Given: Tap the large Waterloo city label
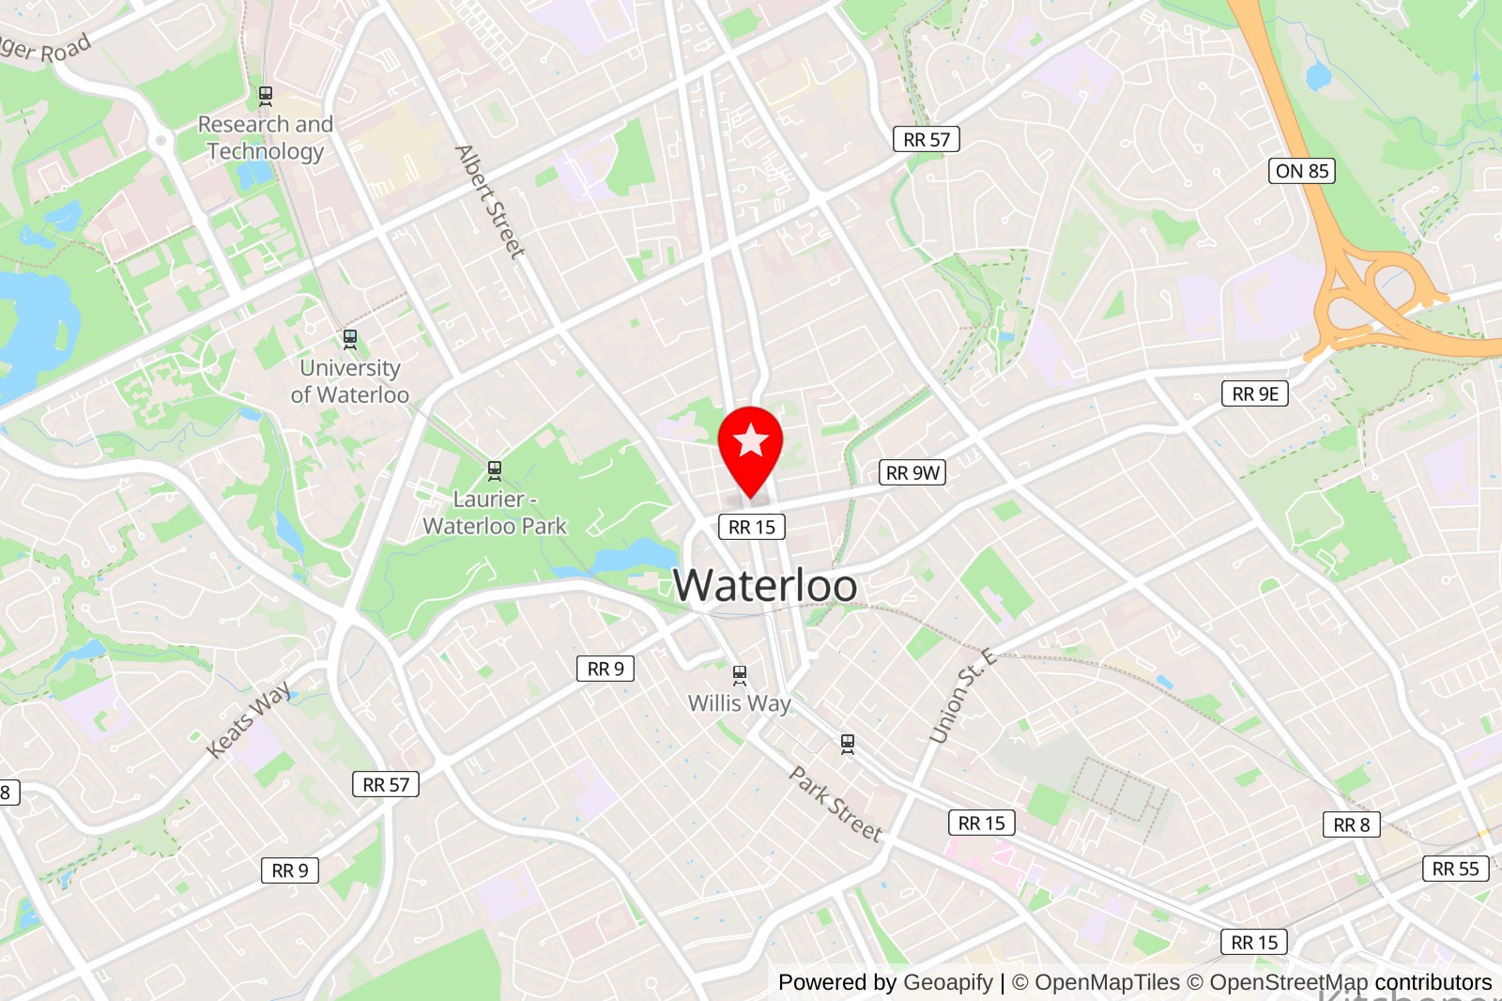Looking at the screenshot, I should click(765, 585).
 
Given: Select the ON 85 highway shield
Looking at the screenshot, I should click(1302, 171).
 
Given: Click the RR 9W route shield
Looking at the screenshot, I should click(912, 472).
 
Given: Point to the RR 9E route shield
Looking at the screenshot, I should click(1254, 393).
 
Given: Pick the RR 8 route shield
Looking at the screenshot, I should click(1351, 824).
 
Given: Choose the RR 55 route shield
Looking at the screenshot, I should click(1455, 869).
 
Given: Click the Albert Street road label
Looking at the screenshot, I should click(490, 202).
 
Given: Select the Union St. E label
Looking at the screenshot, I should click(962, 696).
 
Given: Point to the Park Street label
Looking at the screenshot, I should click(835, 804).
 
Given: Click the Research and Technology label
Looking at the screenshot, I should click(266, 137).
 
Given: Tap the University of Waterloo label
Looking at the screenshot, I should click(350, 381).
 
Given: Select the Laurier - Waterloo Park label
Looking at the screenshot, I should click(495, 513).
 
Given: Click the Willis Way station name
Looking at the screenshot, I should click(740, 703).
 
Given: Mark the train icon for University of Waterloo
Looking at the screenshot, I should click(350, 338).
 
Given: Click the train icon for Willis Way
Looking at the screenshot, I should click(740, 673).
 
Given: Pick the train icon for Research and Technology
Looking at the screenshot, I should click(266, 94).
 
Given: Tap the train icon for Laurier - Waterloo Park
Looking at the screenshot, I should click(495, 470).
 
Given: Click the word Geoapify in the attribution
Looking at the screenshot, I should click(947, 982).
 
